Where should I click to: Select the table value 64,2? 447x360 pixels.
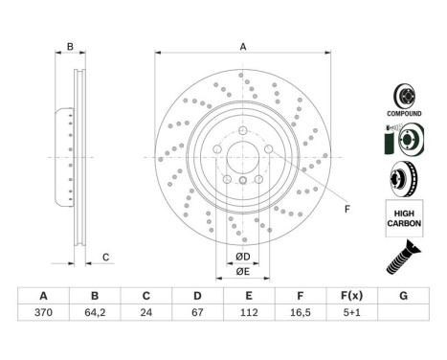coord(96,311)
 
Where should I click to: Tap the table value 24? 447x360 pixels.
coord(145,311)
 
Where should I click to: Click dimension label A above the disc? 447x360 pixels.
coord(243,45)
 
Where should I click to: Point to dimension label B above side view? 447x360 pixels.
coord(69,45)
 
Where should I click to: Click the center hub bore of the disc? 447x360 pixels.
coord(243,155)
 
